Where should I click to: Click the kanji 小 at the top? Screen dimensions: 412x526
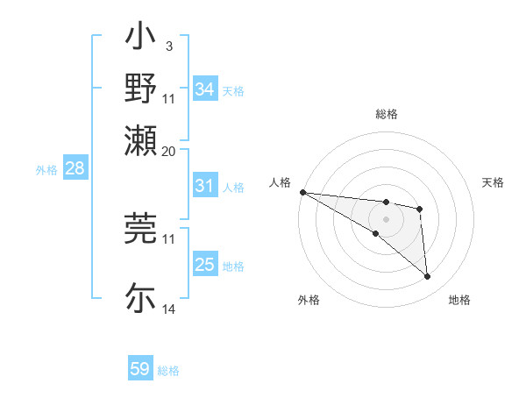pos(141,39)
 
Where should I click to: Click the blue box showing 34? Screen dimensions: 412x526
pos(204,89)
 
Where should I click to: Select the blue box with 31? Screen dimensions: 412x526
pos(204,186)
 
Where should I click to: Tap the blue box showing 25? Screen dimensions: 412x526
pos(204,265)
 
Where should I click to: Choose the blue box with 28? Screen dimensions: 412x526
pos(75,169)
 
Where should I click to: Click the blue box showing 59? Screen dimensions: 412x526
pos(140,369)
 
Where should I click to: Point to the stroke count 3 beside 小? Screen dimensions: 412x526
pos(168,45)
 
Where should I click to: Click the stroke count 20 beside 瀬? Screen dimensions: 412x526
pos(169,150)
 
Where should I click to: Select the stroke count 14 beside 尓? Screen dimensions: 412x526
pos(169,310)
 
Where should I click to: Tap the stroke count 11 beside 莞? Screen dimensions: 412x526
pos(169,238)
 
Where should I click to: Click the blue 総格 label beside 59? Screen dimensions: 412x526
pos(168,371)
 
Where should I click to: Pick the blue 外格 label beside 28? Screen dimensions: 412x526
pos(46,170)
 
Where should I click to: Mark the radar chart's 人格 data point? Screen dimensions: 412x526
pos(302,192)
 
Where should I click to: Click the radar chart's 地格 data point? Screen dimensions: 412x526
pos(427,277)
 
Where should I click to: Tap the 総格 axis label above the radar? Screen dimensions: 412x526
pos(386,114)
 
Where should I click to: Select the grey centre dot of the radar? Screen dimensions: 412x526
pos(386,218)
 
